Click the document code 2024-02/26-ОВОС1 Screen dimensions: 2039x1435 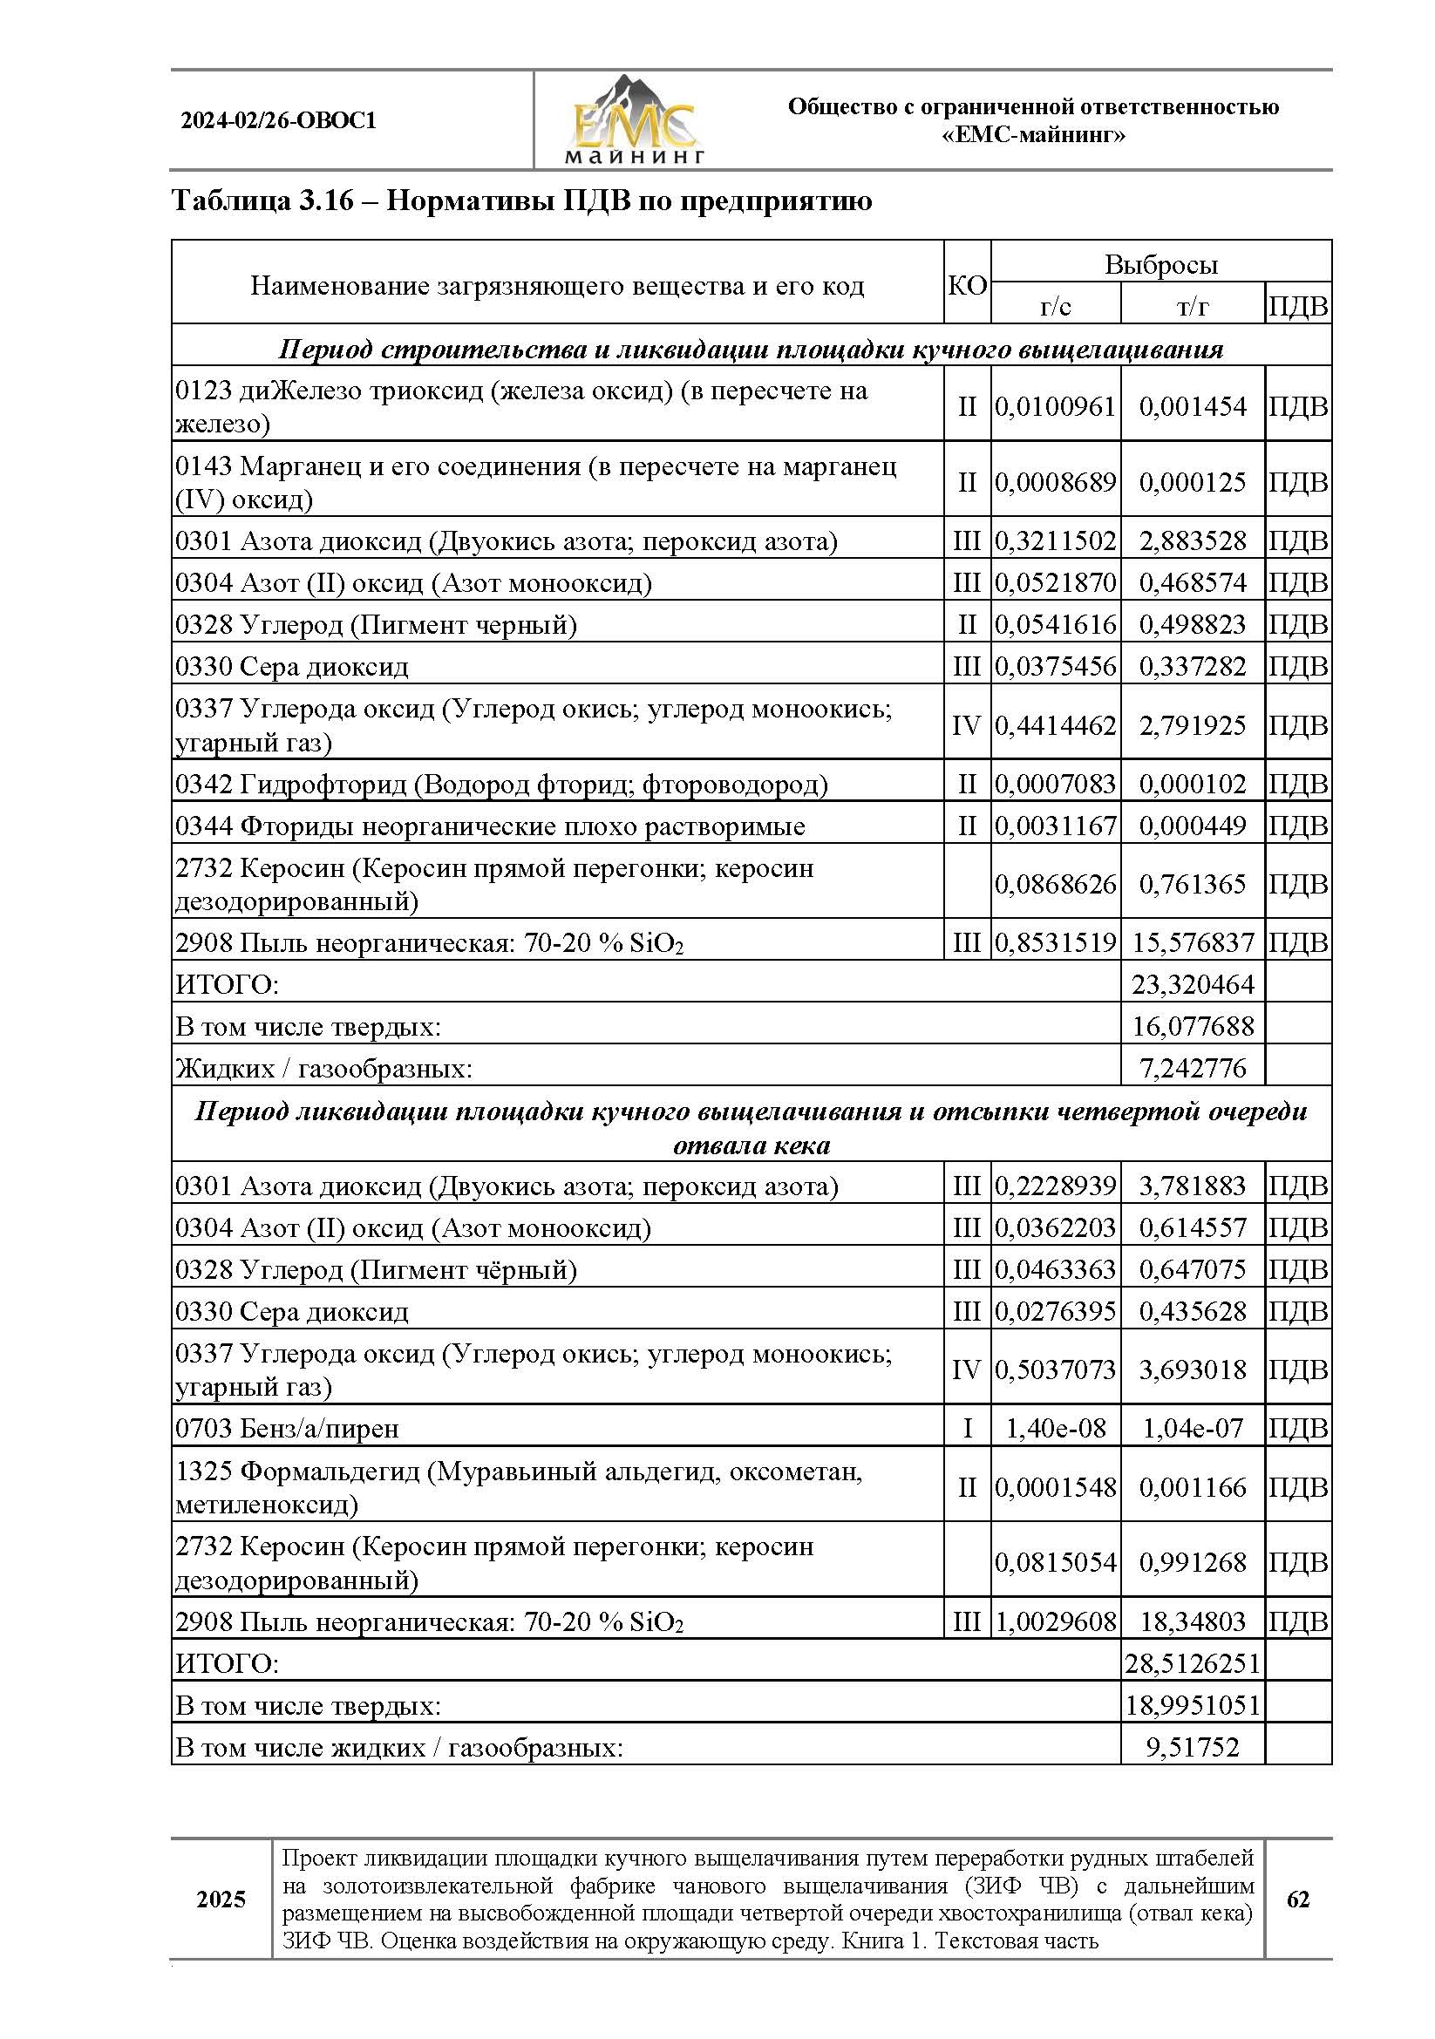coord(278,121)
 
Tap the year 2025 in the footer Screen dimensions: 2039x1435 coord(221,1899)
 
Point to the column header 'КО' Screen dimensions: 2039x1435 coord(966,285)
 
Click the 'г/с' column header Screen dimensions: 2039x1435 coord(1055,307)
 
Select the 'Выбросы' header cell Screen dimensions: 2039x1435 coord(1160,265)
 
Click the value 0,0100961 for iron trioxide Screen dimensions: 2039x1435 coord(1055,407)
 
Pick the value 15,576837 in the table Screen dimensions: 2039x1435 coord(1192,942)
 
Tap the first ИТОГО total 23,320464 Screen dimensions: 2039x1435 coord(1192,984)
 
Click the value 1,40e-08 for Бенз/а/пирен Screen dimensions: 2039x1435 coord(1055,1428)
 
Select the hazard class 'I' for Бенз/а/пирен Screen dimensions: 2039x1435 coord(966,1428)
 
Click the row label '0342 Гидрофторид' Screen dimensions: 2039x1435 coord(500,785)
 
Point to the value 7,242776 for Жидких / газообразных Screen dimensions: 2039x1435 coord(1192,1068)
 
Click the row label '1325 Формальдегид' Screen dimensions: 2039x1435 coord(519,1487)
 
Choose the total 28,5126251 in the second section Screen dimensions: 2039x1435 coord(1192,1663)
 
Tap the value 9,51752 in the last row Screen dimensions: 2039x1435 coord(1192,1748)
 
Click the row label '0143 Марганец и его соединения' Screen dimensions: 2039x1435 coord(534,482)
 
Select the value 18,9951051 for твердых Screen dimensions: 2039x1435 coord(1192,1705)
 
